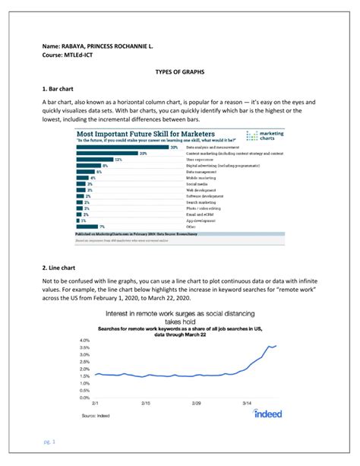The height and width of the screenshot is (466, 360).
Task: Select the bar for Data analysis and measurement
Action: point(122,147)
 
